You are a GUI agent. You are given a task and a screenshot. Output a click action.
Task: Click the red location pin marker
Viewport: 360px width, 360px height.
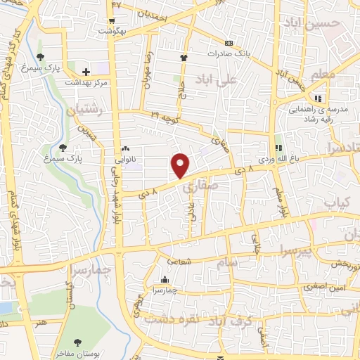(181, 165)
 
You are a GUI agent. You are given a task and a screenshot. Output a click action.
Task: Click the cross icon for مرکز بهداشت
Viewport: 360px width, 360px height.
(86, 72)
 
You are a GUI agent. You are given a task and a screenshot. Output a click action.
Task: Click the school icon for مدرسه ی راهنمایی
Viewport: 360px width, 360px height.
(319, 98)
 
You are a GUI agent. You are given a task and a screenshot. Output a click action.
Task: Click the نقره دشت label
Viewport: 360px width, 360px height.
(172, 319)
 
